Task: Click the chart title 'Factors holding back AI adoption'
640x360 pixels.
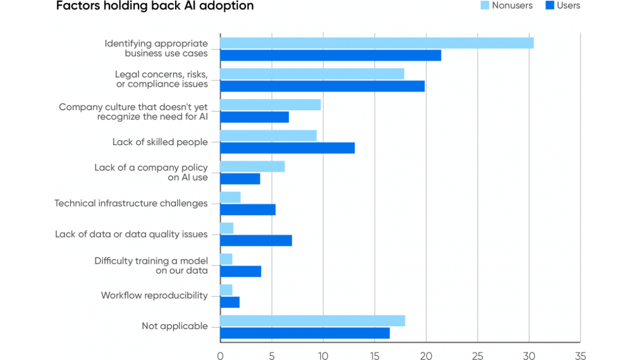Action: pos(155,5)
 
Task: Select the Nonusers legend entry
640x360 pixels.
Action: pos(506,5)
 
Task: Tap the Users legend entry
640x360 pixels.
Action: pos(563,5)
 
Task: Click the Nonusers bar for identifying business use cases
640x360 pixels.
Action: pos(377,43)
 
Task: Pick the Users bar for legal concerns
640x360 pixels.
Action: pos(322,86)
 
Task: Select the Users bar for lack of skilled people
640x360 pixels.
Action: pos(287,148)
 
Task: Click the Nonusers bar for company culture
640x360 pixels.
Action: pos(270,105)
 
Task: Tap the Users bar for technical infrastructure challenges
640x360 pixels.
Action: pos(248,209)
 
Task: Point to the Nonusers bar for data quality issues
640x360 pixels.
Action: pos(227,228)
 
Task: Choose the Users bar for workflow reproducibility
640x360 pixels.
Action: pos(230,302)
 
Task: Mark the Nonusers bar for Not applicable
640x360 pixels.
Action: pos(312,321)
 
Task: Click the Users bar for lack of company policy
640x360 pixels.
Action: pos(240,179)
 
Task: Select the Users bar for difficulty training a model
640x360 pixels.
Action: pos(240,271)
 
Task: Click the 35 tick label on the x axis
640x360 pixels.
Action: pos(580,355)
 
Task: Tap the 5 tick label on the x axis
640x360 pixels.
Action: pos(271,355)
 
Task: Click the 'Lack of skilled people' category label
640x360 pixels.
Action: pos(160,142)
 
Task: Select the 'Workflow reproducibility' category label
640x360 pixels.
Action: pos(154,295)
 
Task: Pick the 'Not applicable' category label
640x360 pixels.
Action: pos(175,326)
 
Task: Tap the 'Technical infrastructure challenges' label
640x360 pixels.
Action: pos(131,203)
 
